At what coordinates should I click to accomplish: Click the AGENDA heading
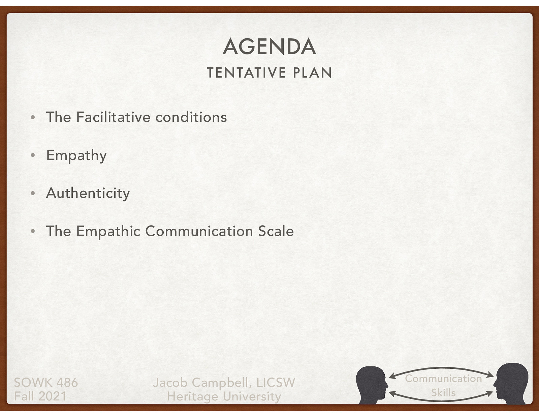click(269, 47)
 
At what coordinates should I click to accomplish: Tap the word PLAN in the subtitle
click(312, 73)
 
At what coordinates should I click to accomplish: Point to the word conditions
click(191, 117)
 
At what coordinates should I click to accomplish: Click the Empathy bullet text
click(76, 155)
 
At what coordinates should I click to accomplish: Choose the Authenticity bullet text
click(88, 193)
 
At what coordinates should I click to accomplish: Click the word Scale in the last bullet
click(276, 231)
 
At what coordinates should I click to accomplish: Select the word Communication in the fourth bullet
click(199, 231)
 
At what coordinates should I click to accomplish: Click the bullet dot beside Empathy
click(33, 155)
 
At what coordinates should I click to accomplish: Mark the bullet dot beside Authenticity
click(33, 193)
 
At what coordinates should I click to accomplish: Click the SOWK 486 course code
click(46, 383)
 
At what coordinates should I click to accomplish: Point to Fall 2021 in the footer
click(40, 396)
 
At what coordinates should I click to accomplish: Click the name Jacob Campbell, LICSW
click(224, 383)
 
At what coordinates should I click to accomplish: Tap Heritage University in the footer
click(224, 396)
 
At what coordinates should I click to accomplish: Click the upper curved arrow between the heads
click(441, 369)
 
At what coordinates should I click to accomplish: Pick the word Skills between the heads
click(443, 393)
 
